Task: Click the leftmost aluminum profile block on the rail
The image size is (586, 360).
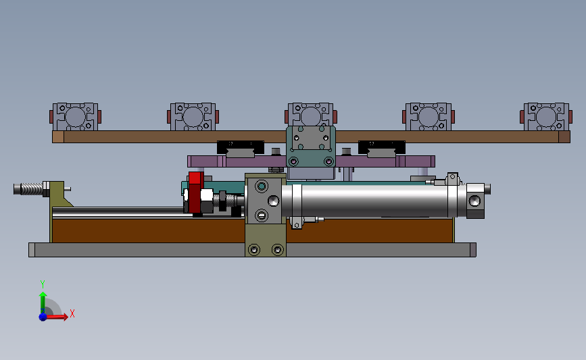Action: click(75, 117)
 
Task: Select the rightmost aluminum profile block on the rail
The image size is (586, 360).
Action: click(546, 117)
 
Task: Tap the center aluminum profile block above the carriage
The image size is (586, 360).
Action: click(310, 115)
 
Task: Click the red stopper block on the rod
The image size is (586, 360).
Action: click(195, 192)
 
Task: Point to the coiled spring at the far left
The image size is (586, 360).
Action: click(31, 188)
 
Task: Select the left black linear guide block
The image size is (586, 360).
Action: click(241, 147)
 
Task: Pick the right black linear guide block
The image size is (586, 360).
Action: click(382, 147)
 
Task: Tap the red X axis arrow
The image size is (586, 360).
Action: click(56, 317)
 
